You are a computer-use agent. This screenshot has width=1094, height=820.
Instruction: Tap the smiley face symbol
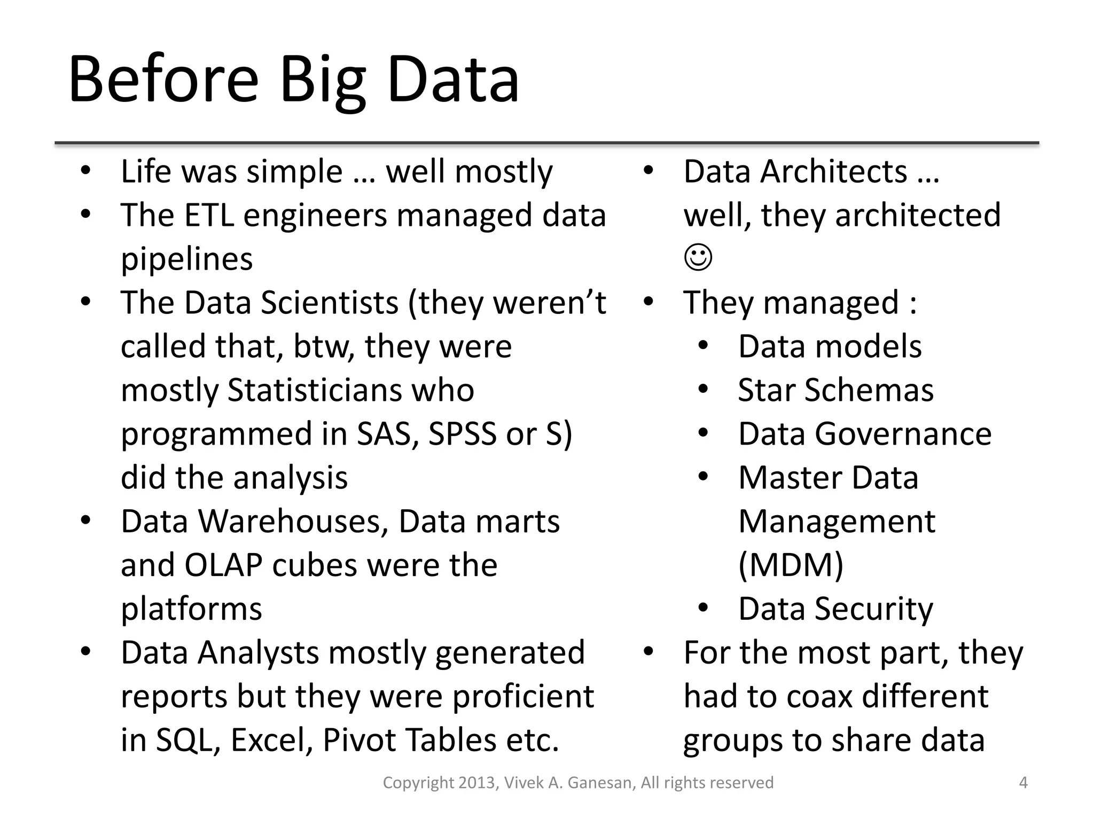coord(698,258)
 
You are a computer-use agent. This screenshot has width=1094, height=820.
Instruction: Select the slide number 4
coord(1023,783)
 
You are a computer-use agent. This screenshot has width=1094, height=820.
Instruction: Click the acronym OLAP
coord(223,565)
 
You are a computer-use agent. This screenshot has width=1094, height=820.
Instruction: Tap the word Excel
coord(271,740)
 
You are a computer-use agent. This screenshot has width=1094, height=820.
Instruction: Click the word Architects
coord(833,172)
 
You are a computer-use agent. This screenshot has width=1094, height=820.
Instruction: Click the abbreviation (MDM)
coord(791,565)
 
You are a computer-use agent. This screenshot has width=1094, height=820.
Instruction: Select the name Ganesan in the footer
coord(600,783)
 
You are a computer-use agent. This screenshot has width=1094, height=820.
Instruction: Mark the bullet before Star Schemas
coord(703,389)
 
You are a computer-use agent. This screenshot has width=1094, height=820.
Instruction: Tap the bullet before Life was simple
coord(85,171)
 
